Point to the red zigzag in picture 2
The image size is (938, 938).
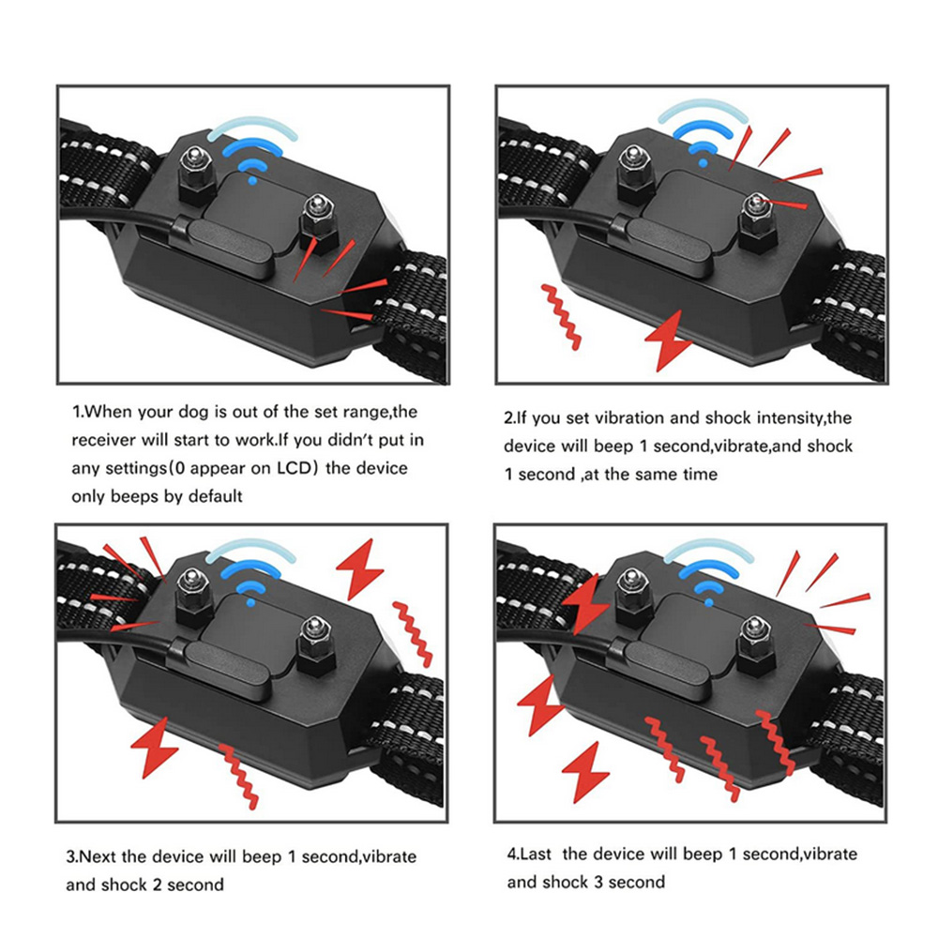pos(563,317)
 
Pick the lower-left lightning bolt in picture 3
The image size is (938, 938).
pos(154,748)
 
